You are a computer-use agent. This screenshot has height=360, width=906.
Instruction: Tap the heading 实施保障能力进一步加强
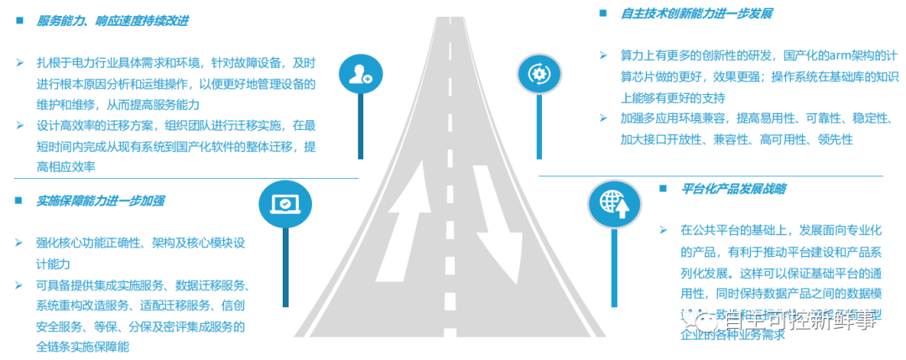pos(100,201)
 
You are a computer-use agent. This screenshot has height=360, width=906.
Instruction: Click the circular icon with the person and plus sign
pos(362,75)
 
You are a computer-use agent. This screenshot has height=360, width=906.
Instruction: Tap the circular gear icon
pos(537,75)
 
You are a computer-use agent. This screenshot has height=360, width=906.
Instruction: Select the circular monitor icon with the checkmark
pos(285,203)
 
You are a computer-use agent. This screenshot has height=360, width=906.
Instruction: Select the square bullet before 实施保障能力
pos(18,201)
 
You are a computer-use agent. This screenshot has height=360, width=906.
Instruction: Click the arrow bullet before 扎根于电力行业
pos(19,63)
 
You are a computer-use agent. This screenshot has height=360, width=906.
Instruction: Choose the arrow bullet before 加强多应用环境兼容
pos(602,118)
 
